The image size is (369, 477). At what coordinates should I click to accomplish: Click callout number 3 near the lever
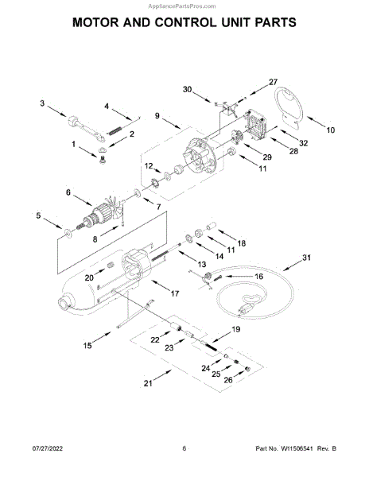[x=42, y=103]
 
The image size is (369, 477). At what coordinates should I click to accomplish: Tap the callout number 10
[x=330, y=130]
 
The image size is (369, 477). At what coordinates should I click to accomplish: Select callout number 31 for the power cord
[x=307, y=258]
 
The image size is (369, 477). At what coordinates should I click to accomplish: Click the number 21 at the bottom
[x=148, y=383]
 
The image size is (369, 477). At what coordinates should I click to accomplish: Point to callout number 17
[x=175, y=293]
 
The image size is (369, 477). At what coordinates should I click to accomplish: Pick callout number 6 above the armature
[x=68, y=192]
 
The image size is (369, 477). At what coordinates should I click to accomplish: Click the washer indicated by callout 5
[x=68, y=233]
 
